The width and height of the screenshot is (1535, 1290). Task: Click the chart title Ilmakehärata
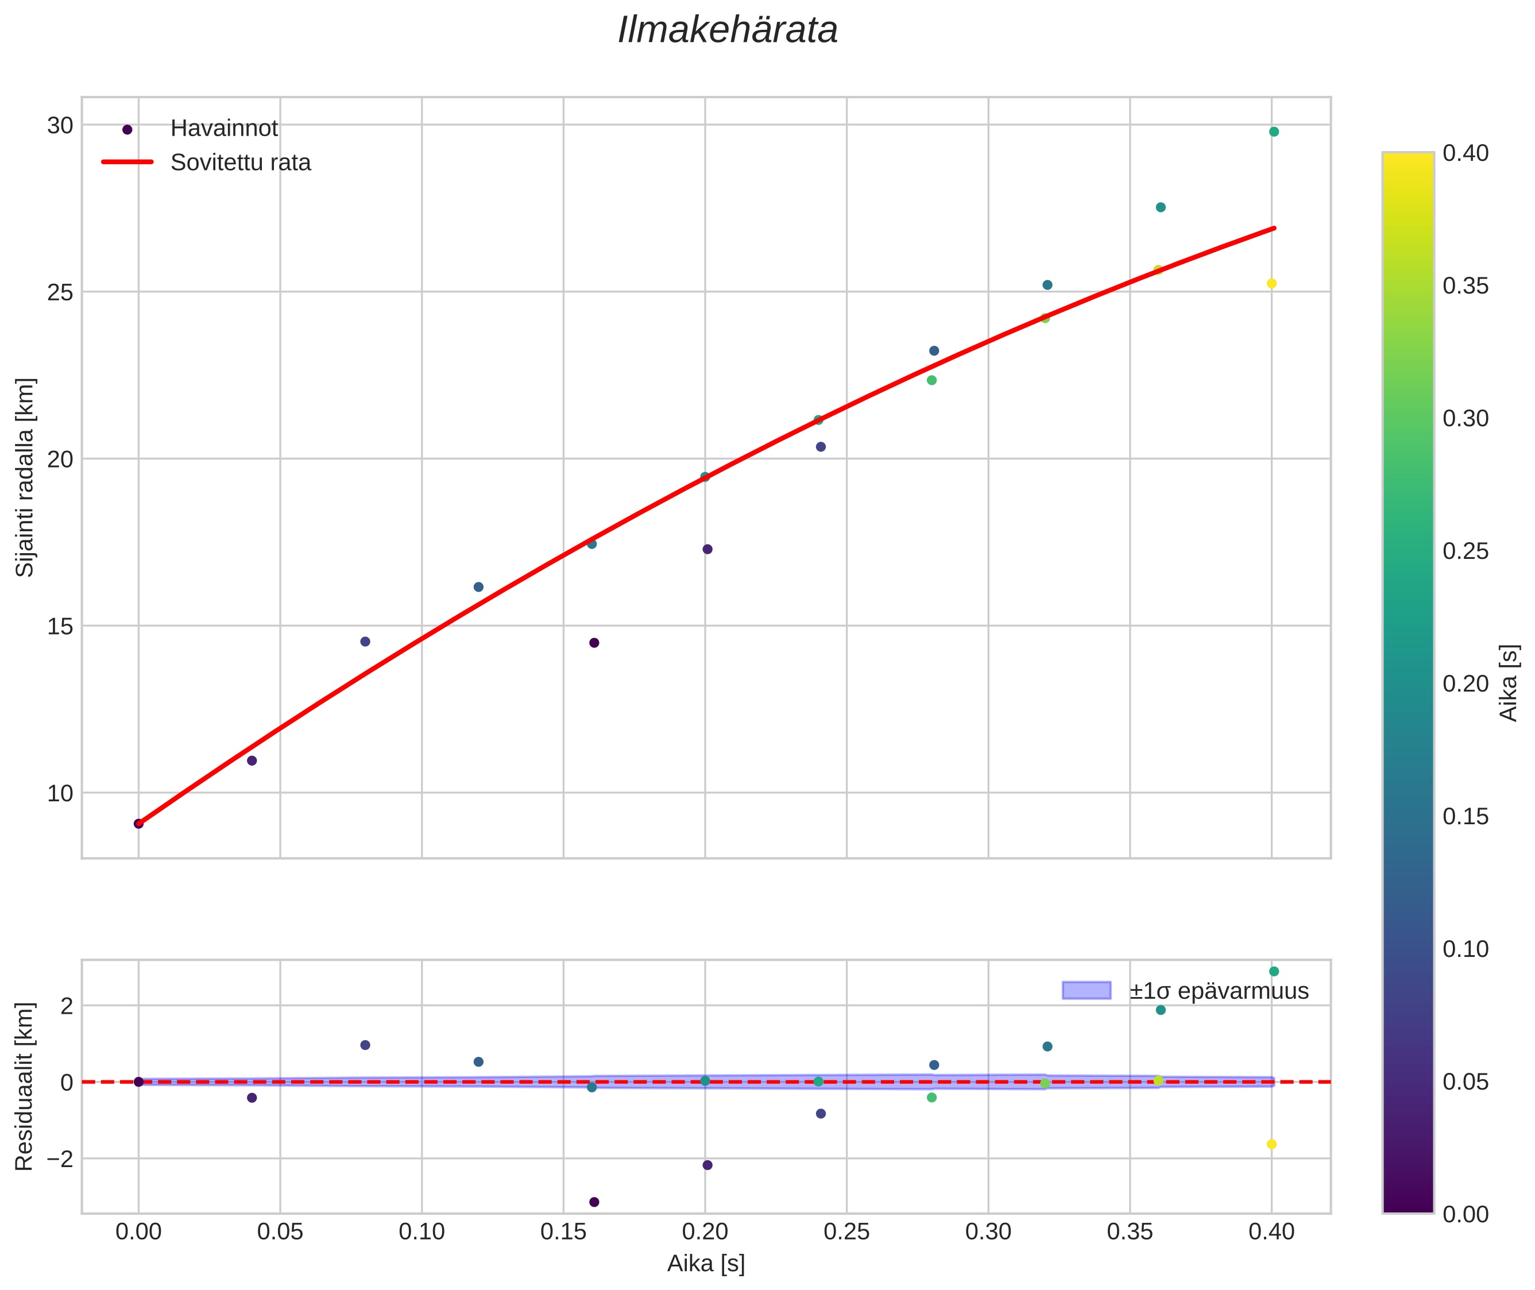click(x=727, y=30)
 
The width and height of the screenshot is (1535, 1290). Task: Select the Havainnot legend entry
click(x=224, y=129)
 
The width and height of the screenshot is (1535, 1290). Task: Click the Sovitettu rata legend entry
click(x=241, y=163)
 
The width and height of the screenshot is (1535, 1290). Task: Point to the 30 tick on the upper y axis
click(x=60, y=126)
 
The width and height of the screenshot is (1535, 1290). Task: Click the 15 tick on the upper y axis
click(x=60, y=627)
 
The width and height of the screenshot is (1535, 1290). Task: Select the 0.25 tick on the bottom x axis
click(x=846, y=1232)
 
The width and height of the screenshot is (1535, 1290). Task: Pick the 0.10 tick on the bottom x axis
click(x=422, y=1232)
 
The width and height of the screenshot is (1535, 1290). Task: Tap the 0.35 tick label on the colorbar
click(x=1466, y=286)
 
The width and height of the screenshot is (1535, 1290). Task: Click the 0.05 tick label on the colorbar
click(x=1466, y=1082)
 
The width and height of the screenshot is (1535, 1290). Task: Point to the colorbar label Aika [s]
click(x=1509, y=682)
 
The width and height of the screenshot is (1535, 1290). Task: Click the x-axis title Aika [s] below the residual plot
click(x=706, y=1264)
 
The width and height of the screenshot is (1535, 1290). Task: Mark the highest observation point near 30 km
click(x=1274, y=132)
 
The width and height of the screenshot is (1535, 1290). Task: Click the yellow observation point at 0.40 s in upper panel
click(x=1272, y=284)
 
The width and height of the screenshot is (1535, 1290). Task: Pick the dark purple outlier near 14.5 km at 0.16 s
click(x=594, y=643)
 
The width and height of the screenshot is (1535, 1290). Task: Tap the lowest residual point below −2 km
click(x=594, y=1202)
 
